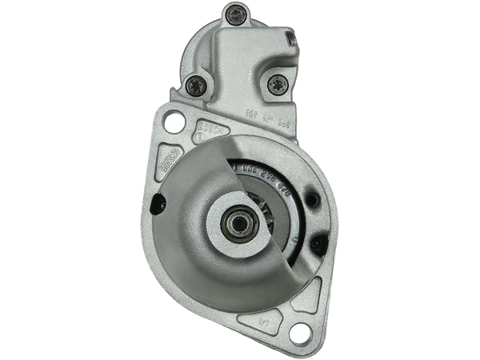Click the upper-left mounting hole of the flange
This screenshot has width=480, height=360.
click(170, 121)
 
